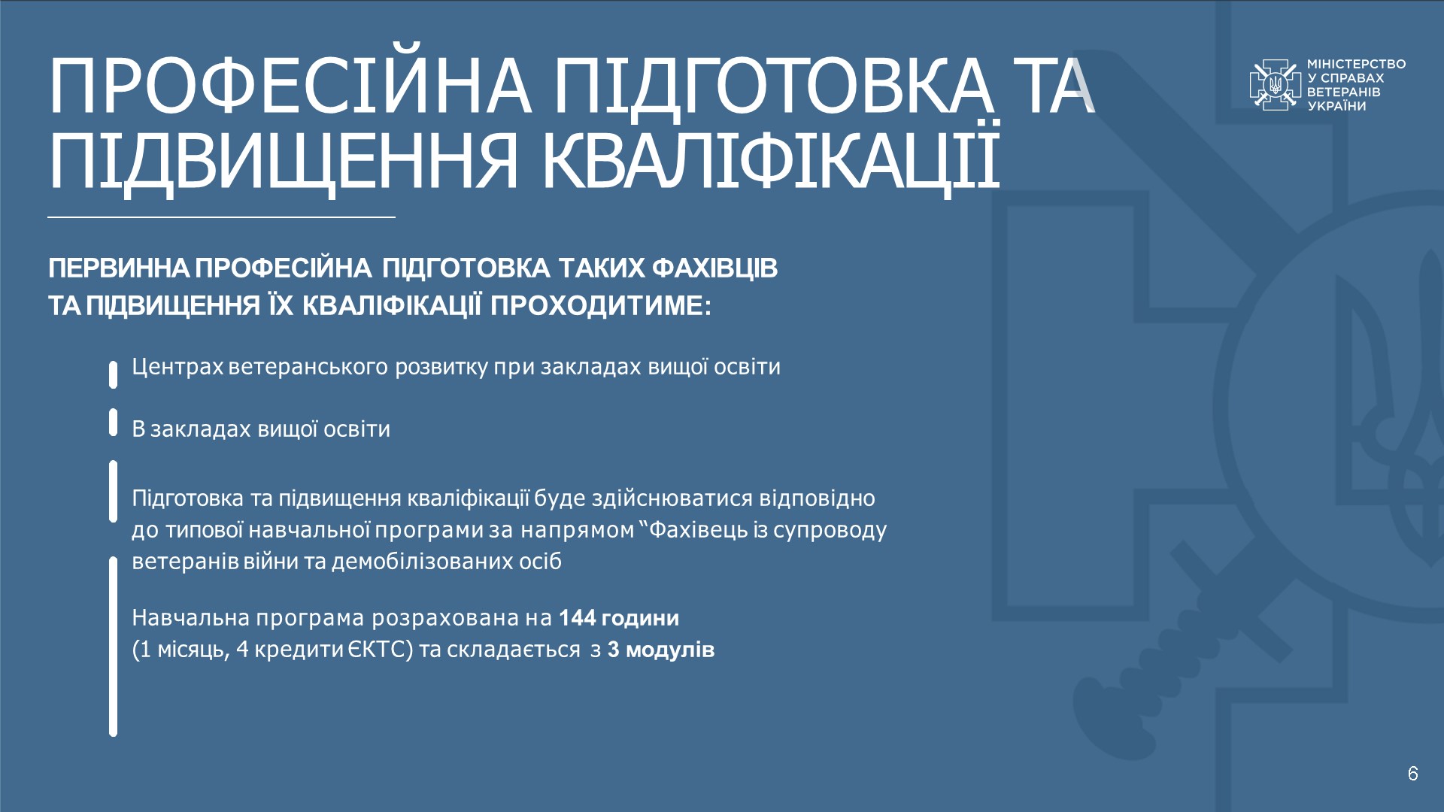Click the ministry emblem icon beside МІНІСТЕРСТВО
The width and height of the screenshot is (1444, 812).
(1275, 85)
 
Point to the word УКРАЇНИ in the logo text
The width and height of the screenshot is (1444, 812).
(1336, 106)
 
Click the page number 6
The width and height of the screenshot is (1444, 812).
(1413, 773)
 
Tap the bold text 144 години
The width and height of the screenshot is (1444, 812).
(619, 618)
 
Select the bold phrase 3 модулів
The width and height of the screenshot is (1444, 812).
(661, 650)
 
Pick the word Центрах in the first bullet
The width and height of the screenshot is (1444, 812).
(177, 367)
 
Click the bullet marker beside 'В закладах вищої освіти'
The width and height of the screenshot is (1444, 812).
(113, 423)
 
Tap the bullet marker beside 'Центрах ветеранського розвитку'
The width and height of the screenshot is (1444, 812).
(113, 374)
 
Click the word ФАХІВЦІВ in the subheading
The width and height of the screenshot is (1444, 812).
(714, 268)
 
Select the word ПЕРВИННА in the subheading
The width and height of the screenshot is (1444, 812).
(119, 268)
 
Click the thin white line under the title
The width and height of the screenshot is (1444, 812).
(221, 217)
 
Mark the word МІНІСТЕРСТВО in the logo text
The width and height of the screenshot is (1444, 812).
(1356, 64)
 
